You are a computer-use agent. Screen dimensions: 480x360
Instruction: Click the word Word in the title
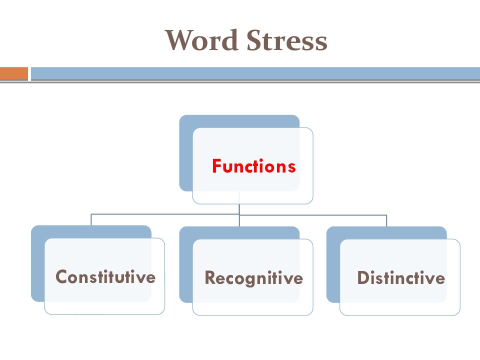coord(201,40)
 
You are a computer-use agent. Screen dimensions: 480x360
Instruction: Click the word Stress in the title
coord(287,40)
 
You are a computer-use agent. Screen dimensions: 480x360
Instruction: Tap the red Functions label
coord(254,166)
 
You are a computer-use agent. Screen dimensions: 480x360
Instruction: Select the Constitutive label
coord(105,276)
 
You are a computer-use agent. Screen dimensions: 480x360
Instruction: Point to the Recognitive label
coord(254,278)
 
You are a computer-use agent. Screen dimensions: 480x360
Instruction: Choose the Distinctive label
coord(401,277)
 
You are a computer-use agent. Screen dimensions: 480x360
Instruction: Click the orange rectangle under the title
coord(14,73)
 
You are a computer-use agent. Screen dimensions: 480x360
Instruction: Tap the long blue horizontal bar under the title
coord(255,73)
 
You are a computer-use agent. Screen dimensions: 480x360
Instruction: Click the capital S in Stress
coord(254,40)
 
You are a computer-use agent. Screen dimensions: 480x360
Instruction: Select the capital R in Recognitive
coord(210,277)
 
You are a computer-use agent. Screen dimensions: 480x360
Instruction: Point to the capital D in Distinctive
coord(363,277)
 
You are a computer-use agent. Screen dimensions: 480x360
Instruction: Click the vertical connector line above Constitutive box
coord(91,220)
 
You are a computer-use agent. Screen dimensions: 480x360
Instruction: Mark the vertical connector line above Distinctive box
coord(386,220)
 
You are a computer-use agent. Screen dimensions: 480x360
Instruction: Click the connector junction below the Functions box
coord(239,214)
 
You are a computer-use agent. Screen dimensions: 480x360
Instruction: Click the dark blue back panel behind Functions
coord(185,153)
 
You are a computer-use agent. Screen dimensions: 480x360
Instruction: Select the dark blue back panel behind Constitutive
coord(37,263)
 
